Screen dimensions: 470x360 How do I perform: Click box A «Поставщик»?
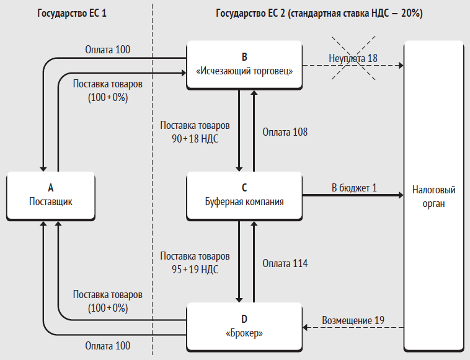coord(51,196)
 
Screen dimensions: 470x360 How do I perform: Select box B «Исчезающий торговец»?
coord(244,65)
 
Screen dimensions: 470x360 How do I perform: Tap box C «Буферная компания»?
coord(244,196)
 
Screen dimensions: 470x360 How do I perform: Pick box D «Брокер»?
coord(244,327)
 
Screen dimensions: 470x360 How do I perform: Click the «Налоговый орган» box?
coord(433,196)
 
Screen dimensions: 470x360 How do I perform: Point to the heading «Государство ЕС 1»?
coord(72,14)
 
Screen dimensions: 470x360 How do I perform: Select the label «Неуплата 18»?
coord(353,58)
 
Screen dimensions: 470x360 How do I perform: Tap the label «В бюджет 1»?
coord(354,188)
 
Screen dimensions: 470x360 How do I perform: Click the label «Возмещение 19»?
coord(353,320)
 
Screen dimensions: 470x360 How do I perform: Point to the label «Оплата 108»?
coord(285,132)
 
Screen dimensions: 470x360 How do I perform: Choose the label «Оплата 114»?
coord(285,263)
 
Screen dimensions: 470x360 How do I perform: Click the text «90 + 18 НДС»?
coord(195,139)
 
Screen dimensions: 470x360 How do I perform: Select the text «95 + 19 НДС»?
coord(195,270)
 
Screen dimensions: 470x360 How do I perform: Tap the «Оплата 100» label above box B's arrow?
coord(108,50)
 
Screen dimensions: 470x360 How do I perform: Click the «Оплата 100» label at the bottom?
coord(108,346)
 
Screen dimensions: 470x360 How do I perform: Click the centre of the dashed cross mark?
coord(353,58)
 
